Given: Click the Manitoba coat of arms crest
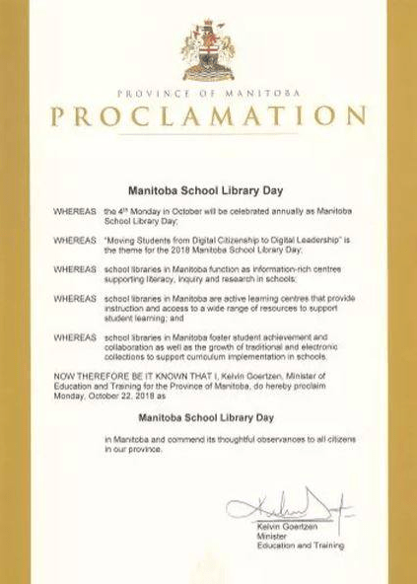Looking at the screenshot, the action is coord(208,52).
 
